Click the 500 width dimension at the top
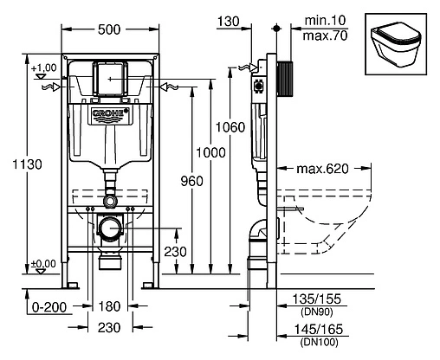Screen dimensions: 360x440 (x=108, y=29)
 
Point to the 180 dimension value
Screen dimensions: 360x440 (x=108, y=307)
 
